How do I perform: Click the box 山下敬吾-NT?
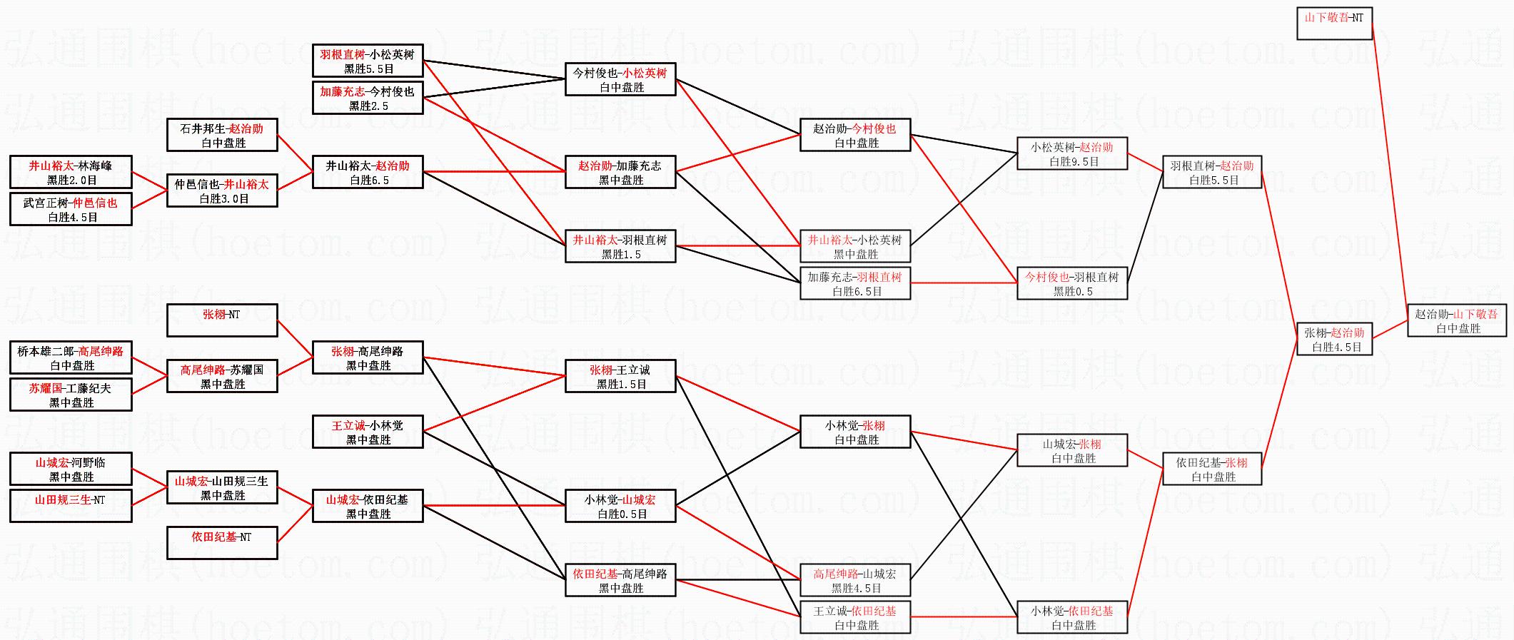[1333, 24]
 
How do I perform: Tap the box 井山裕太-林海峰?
[71, 173]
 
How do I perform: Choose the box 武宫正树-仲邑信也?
[71, 210]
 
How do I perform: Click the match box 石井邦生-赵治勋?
[222, 136]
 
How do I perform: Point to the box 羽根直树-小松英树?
[368, 61]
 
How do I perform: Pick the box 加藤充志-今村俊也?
[368, 98]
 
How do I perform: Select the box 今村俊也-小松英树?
[620, 80]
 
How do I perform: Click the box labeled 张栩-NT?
[222, 320]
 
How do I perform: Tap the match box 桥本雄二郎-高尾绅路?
[71, 358]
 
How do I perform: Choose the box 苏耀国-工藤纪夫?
[71, 395]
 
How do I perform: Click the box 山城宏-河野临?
[71, 469]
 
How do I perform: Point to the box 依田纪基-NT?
[222, 543]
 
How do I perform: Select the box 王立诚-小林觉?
[368, 432]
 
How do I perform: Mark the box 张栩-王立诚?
[620, 377]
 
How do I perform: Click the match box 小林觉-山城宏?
[620, 507]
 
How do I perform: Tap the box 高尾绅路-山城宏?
[855, 581]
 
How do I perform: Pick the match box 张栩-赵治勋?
[1333, 340]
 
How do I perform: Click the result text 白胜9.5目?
[1074, 162]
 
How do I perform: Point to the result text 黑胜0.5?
[1073, 292]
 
